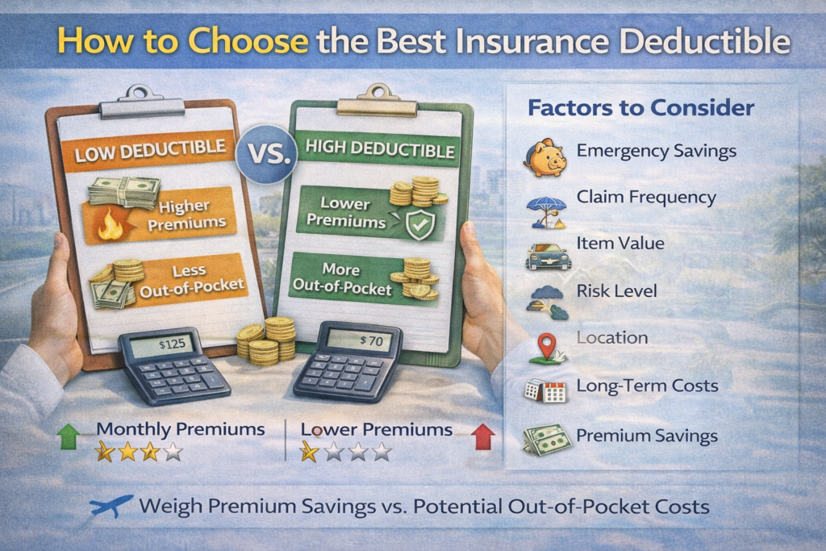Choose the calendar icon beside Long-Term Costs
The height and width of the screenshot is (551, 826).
click(x=545, y=391)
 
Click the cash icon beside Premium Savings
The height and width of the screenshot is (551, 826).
click(x=543, y=440)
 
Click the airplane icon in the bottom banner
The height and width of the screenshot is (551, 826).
click(x=111, y=507)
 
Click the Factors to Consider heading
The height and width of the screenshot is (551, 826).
click(x=640, y=108)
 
